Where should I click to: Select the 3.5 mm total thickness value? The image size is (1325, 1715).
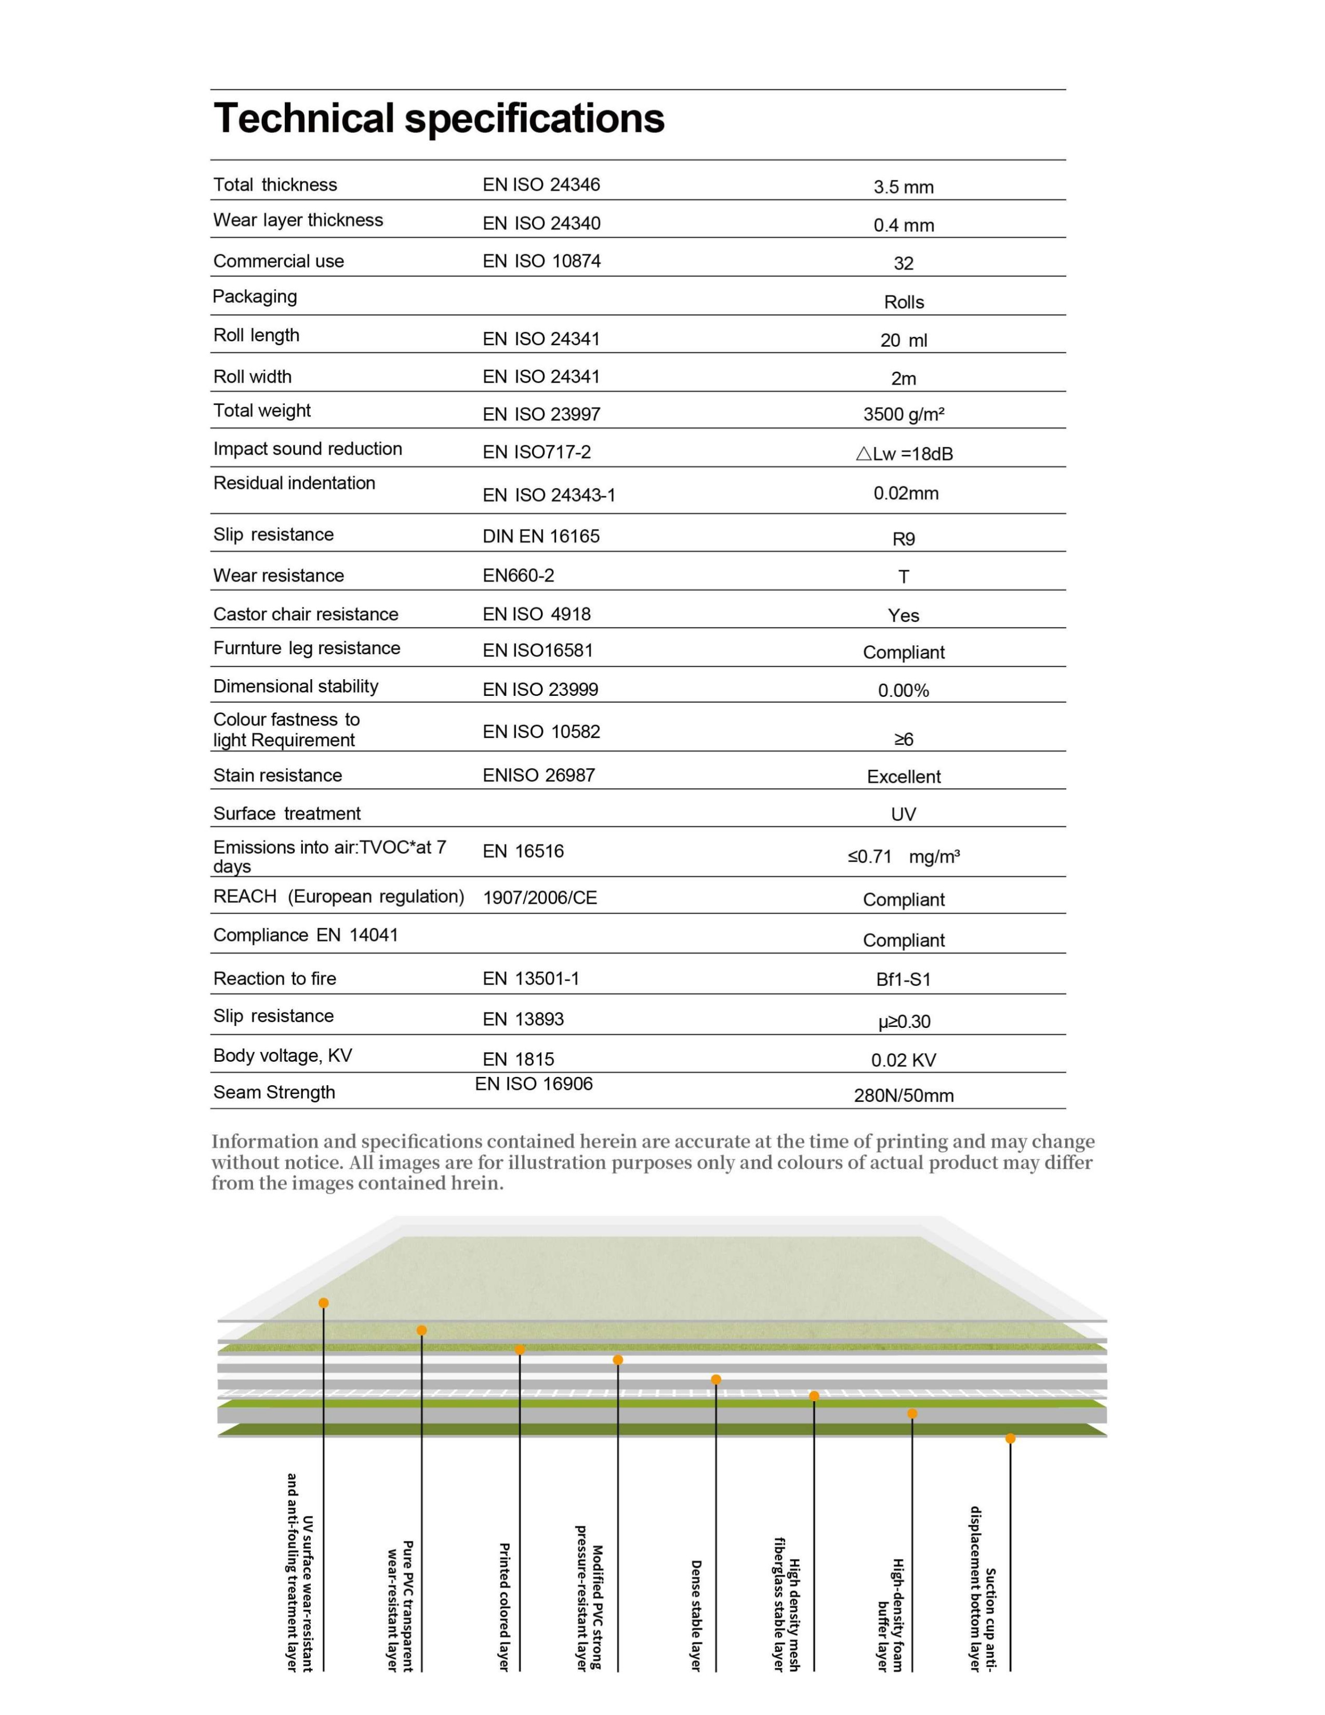904,187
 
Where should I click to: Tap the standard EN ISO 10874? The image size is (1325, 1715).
541,261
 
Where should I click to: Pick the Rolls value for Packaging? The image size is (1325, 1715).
904,302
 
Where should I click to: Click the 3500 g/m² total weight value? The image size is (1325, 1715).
904,415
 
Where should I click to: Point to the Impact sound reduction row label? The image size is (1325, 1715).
308,449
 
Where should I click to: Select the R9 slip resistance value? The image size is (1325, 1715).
904,539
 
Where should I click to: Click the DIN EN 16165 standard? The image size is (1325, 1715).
541,536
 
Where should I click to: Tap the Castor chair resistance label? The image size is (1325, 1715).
306,614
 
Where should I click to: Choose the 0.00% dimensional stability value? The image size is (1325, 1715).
904,691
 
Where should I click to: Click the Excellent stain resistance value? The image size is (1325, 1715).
904,776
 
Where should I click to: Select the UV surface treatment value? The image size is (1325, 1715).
904,814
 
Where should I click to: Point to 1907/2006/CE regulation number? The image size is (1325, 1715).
540,898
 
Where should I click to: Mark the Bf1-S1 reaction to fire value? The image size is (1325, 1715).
904,979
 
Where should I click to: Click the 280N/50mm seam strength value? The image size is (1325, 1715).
904,1096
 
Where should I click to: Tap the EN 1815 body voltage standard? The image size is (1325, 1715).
518,1059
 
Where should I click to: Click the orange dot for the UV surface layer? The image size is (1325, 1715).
323,1303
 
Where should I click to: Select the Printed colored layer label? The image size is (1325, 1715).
504,1606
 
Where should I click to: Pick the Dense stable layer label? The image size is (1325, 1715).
695,1615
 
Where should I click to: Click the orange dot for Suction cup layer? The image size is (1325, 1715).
1010,1439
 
